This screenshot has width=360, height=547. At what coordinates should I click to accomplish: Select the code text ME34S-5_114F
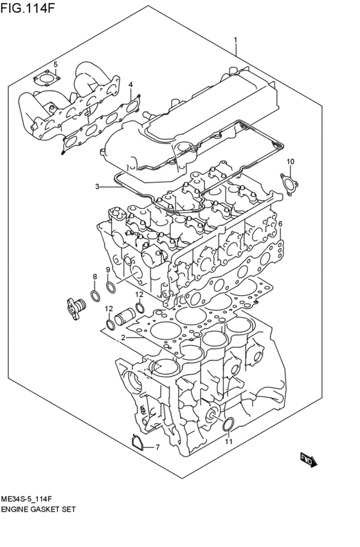pos(31,498)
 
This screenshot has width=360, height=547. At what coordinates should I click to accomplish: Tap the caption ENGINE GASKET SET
pos(39,509)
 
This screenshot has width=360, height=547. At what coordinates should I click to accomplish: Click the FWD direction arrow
pos(307,458)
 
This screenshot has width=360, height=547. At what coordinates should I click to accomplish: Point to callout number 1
pos(235,40)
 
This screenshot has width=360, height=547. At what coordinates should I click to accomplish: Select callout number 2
pos(122,337)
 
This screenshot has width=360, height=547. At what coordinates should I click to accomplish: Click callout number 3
pos(97,187)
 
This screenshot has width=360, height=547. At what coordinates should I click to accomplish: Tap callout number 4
pos(130,84)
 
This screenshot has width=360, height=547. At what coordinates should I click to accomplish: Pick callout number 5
pos(55,64)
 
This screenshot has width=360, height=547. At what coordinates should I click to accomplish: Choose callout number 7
pos(156,447)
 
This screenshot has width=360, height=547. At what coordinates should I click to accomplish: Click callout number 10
pos(290,161)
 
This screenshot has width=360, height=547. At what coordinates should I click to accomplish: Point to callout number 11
pos(228,442)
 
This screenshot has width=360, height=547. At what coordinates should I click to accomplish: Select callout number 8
pos(94,277)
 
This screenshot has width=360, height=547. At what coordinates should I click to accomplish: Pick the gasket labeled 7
pos(135,443)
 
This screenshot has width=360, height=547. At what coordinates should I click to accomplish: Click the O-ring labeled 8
pos(94,296)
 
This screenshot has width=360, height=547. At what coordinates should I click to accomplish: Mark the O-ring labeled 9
pos(111,287)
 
